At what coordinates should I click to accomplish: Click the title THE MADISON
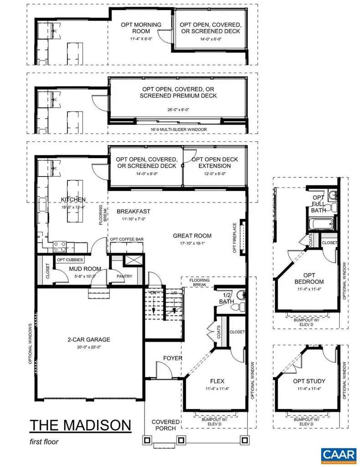point(80,425)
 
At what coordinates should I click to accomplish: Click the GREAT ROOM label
point(192,236)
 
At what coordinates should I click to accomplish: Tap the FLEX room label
point(217,381)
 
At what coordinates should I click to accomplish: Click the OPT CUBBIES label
point(70,259)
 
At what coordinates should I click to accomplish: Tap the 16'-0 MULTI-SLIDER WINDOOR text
point(178,130)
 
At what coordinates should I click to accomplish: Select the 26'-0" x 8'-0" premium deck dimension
point(178,109)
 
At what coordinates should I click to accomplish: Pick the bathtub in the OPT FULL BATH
point(319,224)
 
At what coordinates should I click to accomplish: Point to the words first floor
point(44,441)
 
